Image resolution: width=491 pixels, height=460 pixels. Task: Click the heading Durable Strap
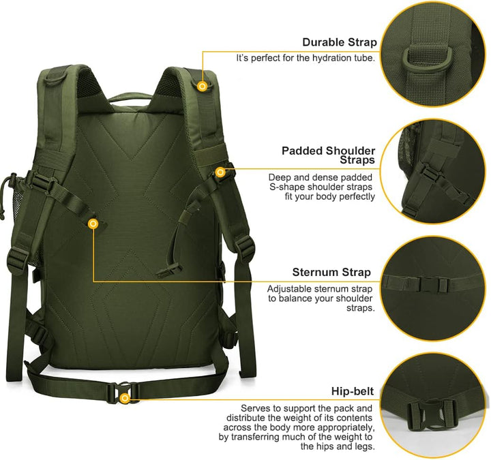(x=340, y=43)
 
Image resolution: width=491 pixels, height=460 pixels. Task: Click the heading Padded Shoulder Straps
(x=329, y=155)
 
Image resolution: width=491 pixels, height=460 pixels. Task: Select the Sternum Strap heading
(x=331, y=272)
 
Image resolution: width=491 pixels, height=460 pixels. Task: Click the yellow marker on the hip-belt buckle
(x=124, y=397)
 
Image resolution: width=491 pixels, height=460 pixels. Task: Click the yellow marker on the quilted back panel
(x=93, y=223)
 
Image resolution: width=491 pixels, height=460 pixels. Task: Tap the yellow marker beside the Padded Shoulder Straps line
(x=220, y=172)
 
